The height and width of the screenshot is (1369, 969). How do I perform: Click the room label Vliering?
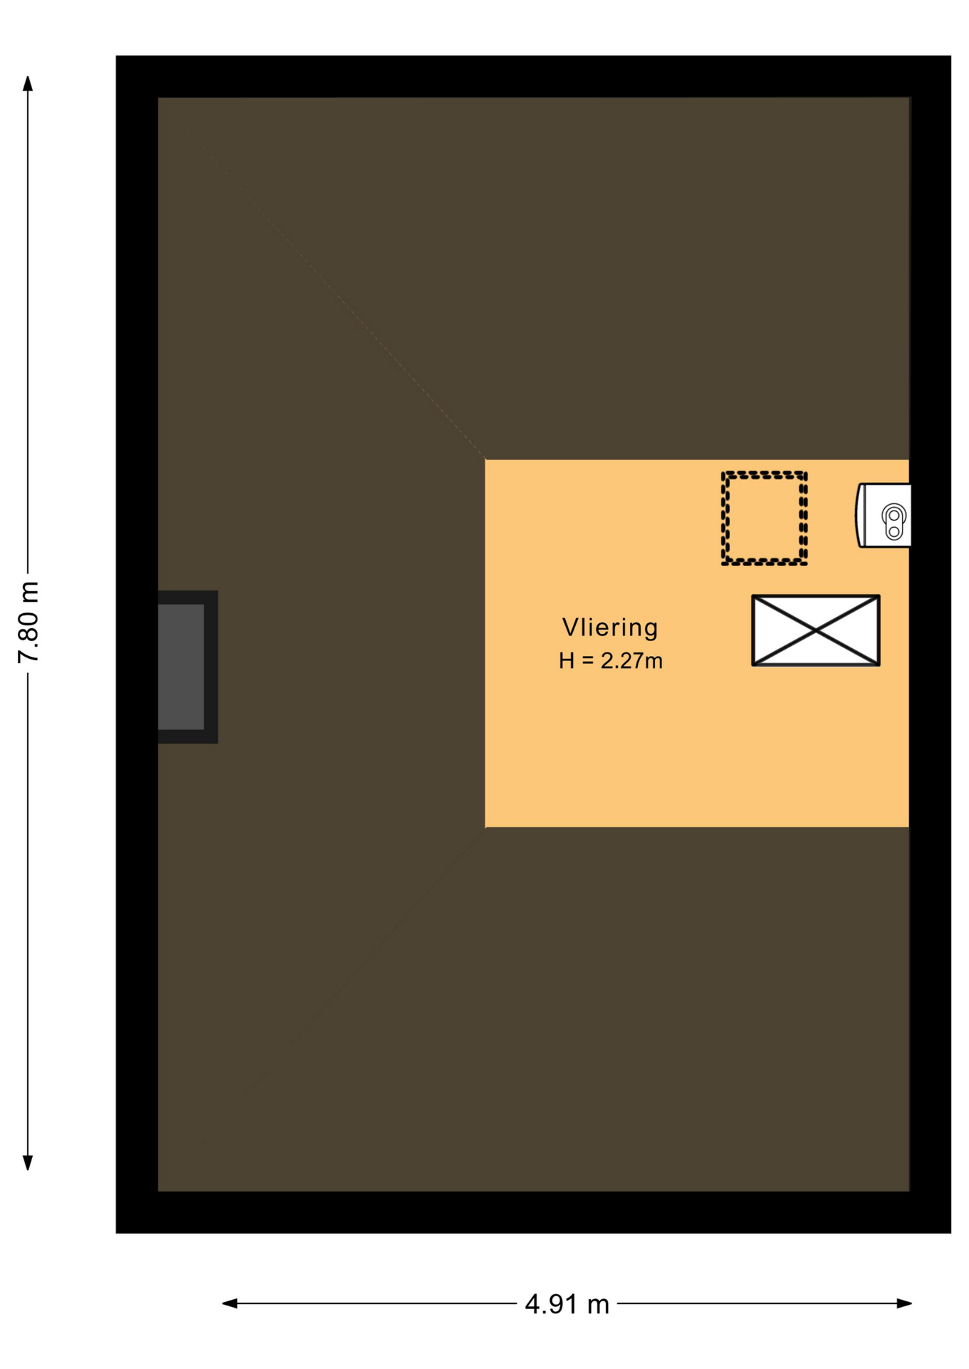(610, 627)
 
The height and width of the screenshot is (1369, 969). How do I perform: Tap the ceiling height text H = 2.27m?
(611, 661)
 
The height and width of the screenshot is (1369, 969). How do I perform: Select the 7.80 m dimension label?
(29, 622)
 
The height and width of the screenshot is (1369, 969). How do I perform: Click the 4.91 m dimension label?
(567, 1304)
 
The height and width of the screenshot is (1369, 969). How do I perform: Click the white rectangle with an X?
(816, 630)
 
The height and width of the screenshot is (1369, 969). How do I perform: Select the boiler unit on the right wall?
(883, 516)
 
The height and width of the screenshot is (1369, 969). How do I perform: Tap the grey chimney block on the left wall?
(187, 667)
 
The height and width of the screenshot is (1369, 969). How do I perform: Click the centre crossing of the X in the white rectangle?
(816, 630)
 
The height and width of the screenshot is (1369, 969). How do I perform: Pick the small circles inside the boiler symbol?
(894, 523)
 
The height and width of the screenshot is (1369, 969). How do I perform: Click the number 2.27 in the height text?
(622, 661)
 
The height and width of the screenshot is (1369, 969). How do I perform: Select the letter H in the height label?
(567, 661)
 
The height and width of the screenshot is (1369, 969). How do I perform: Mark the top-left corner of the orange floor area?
(485, 460)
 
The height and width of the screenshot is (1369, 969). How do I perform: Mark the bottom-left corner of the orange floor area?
(485, 827)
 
